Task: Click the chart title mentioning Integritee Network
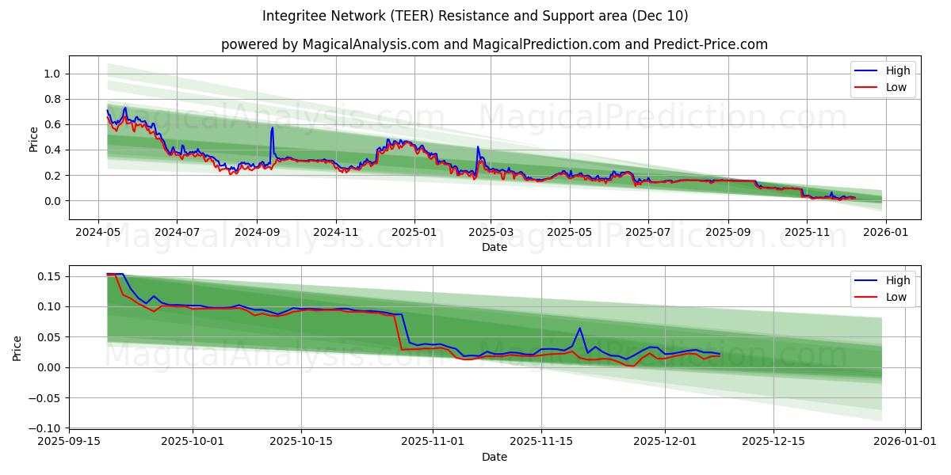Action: [x=475, y=16]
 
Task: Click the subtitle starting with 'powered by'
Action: [x=494, y=44]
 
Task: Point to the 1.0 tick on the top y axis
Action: [x=53, y=74]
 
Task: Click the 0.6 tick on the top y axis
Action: [x=53, y=124]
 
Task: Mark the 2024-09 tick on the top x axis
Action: [x=256, y=233]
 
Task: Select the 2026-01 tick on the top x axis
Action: [x=885, y=233]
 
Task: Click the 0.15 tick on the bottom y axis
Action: [x=50, y=276]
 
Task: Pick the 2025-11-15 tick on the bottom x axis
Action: [x=541, y=442]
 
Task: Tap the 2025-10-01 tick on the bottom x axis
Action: [x=192, y=442]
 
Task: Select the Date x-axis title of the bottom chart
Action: [x=494, y=457]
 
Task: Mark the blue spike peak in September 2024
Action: [x=273, y=127]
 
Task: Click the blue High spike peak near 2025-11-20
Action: [x=579, y=328]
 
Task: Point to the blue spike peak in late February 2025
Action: [x=477, y=146]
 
